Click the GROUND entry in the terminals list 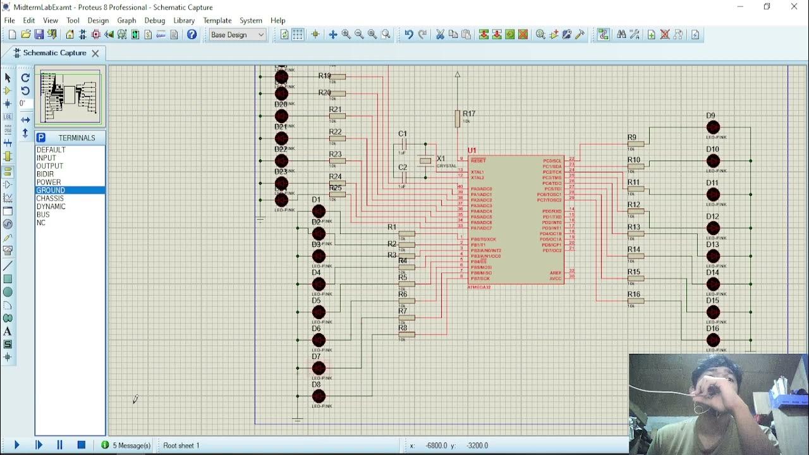coord(51,190)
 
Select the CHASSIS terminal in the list coord(50,198)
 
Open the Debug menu coord(154,20)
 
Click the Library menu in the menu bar coord(184,20)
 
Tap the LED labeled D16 coord(713,340)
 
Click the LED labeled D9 coord(713,128)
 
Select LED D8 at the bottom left coord(319,396)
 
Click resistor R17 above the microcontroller coord(458,118)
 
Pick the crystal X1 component coord(425,161)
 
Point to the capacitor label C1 coord(403,134)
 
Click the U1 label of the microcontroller coord(471,150)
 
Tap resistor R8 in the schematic coord(406,334)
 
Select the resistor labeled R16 coord(636,301)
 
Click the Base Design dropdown coord(238,35)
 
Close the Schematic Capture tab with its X coord(95,53)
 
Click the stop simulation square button coord(81,446)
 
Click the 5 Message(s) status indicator coord(126,446)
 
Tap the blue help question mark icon coord(192,35)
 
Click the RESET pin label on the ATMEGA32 coord(478,161)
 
